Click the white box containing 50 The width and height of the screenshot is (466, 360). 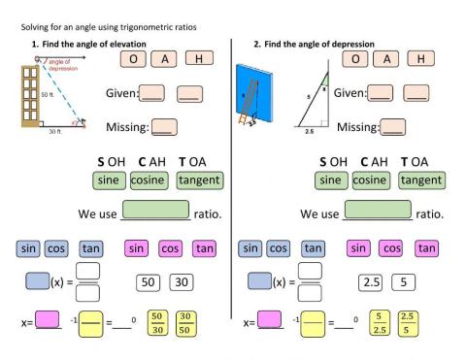click(150, 282)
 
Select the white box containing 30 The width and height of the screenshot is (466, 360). click(181, 282)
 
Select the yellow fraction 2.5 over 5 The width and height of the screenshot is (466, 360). click(407, 321)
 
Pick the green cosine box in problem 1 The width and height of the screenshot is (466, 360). click(150, 180)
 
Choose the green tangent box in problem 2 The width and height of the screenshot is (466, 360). click(421, 180)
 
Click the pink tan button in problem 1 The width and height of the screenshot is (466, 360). click(204, 248)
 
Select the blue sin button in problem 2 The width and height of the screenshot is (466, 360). click(251, 248)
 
